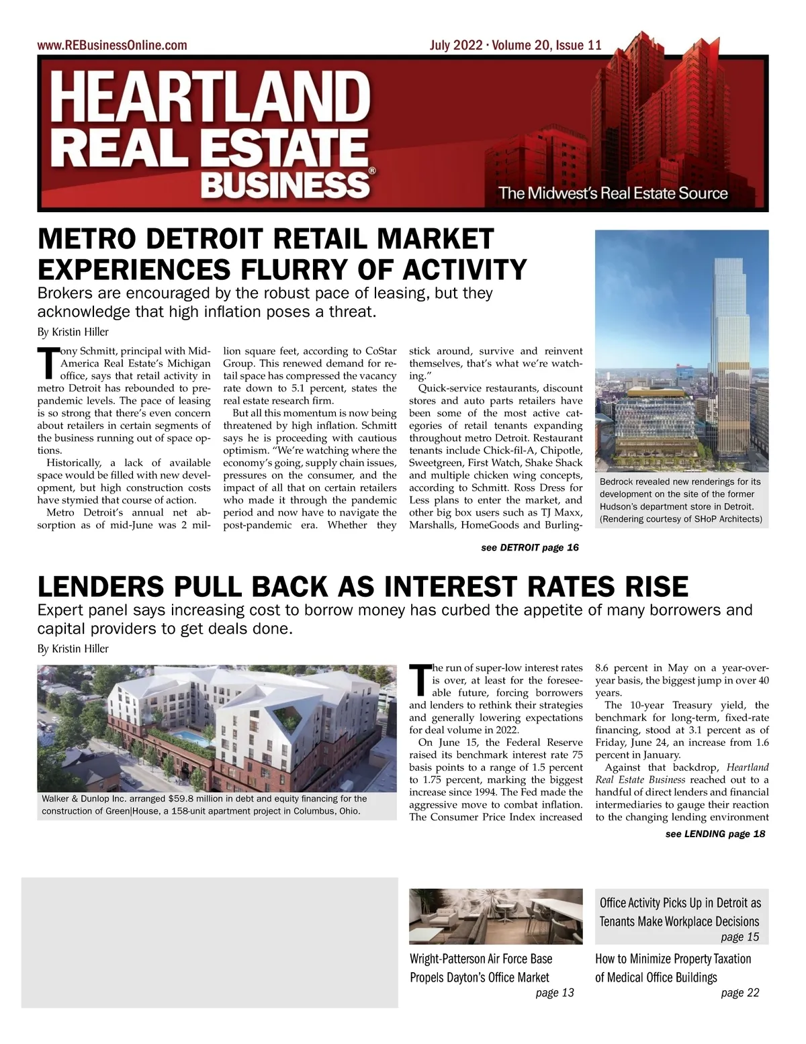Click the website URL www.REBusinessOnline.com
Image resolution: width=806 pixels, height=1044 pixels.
point(112,46)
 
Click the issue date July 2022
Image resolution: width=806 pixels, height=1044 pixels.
point(456,46)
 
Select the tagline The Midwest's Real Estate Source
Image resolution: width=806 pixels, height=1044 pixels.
point(613,194)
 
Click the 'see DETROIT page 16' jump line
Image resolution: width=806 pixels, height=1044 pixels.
point(529,548)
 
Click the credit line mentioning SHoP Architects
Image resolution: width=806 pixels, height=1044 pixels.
point(680,519)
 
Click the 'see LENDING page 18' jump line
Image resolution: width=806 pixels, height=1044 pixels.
point(715,834)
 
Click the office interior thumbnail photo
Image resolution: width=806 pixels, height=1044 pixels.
point(496,916)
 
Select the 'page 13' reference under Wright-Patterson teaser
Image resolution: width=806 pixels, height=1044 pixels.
point(555,993)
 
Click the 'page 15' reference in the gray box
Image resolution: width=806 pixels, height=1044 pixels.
point(740,937)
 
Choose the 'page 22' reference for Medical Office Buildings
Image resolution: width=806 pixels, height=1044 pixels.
point(740,993)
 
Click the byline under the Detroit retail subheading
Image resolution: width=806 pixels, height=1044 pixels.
point(73,332)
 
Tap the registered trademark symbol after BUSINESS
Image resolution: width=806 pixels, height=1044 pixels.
point(372,172)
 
